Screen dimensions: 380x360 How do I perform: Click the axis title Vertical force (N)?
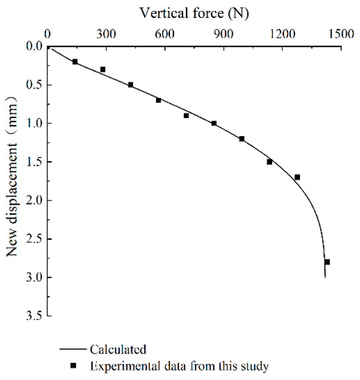tap(194, 12)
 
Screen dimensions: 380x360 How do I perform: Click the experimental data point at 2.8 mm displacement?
tap(327, 262)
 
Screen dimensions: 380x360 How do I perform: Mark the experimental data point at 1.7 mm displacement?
tap(297, 177)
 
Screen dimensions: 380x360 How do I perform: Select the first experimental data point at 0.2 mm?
tap(75, 61)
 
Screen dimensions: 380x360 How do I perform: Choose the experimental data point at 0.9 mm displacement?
tap(186, 115)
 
